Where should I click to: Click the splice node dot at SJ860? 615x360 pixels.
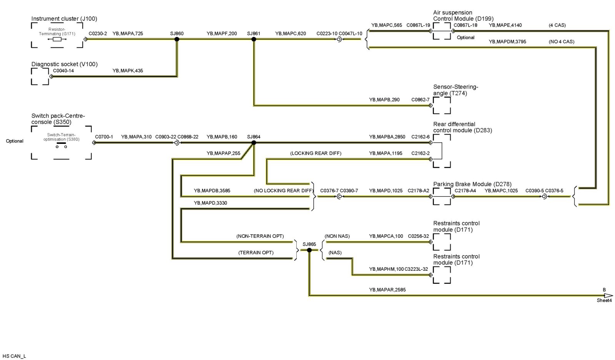tap(177, 39)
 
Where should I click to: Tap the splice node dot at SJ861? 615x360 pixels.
tap(254, 39)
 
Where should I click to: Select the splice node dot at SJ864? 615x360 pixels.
tap(254, 143)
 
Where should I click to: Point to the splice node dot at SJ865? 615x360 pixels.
tap(309, 250)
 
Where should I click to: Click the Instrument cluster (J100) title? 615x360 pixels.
tap(64, 18)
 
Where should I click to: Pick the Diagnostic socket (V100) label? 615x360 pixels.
tap(64, 64)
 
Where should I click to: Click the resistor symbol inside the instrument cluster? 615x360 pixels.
tap(57, 39)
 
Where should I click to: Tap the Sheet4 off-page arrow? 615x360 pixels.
tap(607, 296)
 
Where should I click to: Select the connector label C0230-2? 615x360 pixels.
tap(98, 33)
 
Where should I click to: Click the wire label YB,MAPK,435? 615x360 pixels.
tap(128, 71)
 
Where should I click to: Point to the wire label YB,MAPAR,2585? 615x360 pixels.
tap(387, 290)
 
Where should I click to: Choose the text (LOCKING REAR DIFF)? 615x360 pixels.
tap(316, 153)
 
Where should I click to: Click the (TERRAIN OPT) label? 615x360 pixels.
tap(256, 253)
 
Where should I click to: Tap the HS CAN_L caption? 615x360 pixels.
tap(14, 356)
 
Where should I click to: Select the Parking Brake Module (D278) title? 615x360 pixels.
tap(472, 184)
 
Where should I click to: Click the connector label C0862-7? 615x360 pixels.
tap(420, 100)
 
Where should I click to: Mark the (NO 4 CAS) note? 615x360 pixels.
tap(562, 42)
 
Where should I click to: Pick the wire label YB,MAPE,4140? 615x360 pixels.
tap(505, 25)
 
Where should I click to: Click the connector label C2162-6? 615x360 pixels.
tap(420, 137)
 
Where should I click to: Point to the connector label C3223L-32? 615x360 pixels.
tap(416, 269)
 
